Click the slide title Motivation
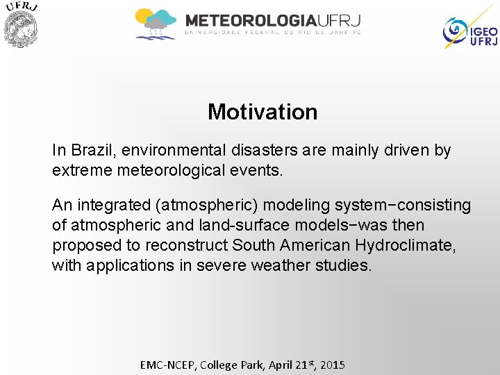[262, 112]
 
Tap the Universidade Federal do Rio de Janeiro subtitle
[272, 32]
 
